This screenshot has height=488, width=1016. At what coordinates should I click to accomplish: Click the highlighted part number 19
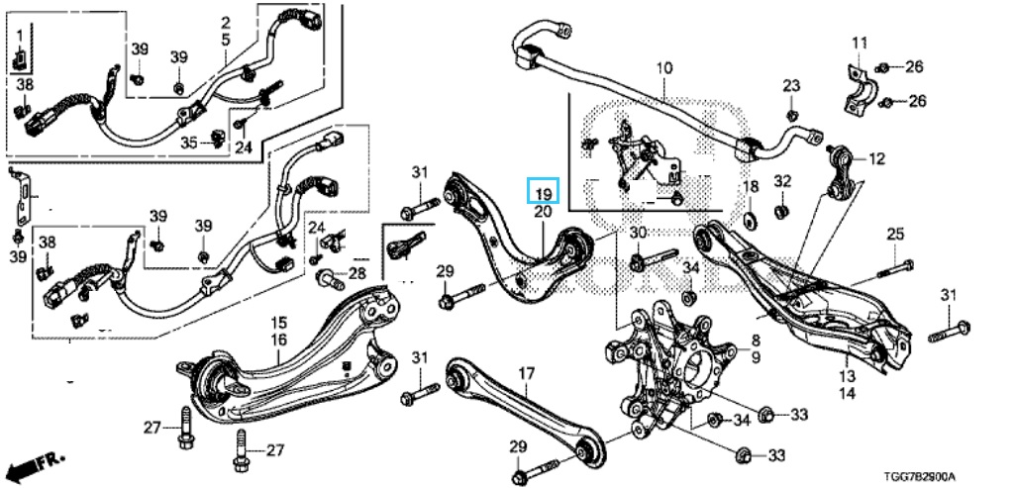pos(543,190)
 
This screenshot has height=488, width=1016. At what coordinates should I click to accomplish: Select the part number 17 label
pos(526,373)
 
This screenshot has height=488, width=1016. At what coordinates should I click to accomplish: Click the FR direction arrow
pos(31,465)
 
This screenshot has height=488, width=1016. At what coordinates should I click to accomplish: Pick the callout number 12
pos(876,158)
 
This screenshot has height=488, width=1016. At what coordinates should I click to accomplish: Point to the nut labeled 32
pos(781,210)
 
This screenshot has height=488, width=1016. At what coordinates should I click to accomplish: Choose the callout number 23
pos(790,87)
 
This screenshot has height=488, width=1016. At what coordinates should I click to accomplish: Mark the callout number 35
pos(189,144)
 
